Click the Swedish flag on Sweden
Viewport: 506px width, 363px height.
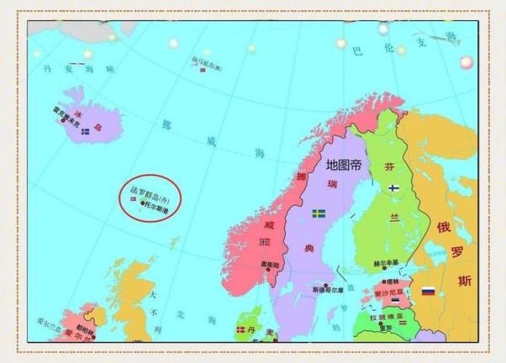coord(319,214)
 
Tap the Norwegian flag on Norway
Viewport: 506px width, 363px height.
coord(265,242)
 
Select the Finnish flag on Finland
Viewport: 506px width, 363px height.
coord(393,190)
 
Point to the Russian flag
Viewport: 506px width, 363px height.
coord(428,291)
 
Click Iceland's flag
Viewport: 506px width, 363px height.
coord(85,131)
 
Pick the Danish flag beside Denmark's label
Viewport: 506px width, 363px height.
coord(240,329)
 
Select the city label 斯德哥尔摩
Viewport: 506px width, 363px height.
coord(330,290)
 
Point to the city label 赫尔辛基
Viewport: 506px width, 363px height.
coord(385,264)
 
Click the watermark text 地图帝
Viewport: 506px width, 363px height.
coord(343,163)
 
